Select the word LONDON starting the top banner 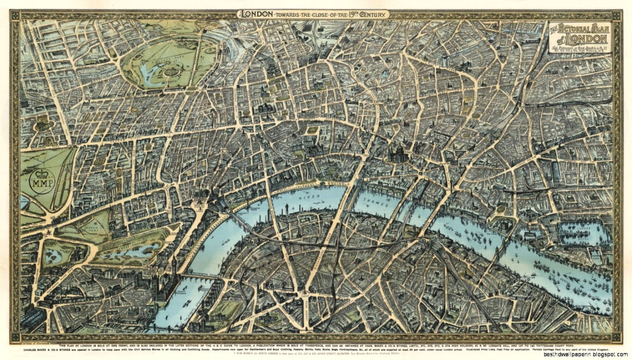click(x=256, y=14)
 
